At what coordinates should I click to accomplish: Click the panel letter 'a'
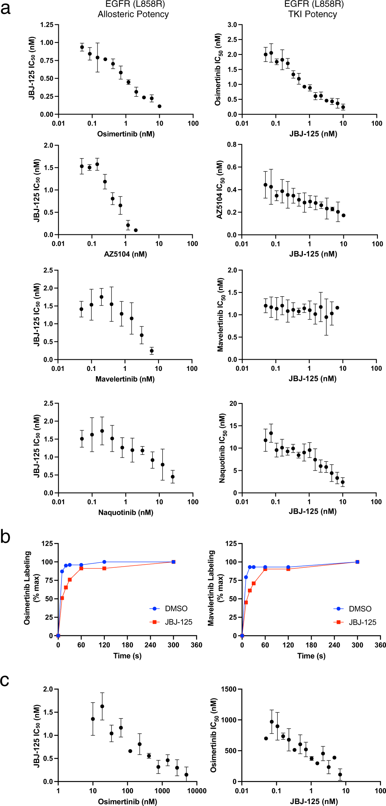(5, 9)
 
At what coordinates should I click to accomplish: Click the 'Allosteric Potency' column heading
(133, 14)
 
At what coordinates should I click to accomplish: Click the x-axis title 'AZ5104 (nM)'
(125, 254)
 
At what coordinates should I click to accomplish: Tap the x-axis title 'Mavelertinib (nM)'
(125, 379)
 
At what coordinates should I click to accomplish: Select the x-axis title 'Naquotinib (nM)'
(126, 512)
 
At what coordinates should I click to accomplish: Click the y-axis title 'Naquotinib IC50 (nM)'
(222, 448)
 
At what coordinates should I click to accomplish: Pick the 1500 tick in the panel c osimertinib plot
(229, 689)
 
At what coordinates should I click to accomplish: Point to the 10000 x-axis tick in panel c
(196, 791)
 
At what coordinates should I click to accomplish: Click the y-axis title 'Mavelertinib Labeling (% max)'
(215, 588)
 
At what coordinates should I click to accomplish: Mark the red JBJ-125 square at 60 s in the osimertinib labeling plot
(81, 569)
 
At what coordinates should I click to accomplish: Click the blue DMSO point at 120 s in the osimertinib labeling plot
(104, 562)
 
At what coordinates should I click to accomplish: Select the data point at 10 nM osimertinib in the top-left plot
(159, 106)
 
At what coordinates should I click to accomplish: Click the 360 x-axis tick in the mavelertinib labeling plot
(380, 645)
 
